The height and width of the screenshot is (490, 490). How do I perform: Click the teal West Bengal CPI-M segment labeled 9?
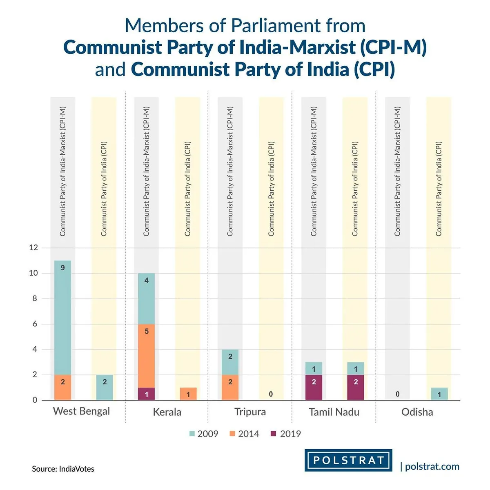click(x=62, y=317)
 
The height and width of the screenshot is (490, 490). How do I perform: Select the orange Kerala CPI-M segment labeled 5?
click(x=146, y=356)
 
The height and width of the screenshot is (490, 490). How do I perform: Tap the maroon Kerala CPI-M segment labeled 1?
click(x=146, y=394)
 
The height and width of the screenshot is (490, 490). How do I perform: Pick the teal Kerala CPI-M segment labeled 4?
click(x=146, y=298)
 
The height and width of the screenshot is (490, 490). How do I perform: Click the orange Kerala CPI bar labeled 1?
click(x=188, y=394)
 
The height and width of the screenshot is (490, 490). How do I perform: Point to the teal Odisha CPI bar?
click(x=439, y=394)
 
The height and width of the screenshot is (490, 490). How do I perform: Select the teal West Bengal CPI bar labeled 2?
click(x=105, y=388)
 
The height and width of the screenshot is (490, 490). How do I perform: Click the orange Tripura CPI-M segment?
click(x=230, y=388)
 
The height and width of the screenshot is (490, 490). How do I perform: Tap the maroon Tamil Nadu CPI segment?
click(x=356, y=388)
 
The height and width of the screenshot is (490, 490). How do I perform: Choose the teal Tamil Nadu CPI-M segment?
click(x=314, y=368)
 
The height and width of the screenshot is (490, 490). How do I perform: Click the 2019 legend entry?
click(x=286, y=434)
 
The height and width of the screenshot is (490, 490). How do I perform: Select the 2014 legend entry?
click(x=244, y=434)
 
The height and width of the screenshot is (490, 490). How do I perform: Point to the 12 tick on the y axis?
click(x=33, y=247)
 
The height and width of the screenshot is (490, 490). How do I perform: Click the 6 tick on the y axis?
click(x=35, y=324)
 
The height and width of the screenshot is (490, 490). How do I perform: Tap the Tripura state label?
click(x=250, y=412)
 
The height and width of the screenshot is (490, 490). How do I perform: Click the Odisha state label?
click(x=417, y=412)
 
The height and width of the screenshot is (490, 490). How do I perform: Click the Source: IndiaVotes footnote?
click(x=63, y=469)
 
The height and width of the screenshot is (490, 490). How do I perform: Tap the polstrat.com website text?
click(x=432, y=467)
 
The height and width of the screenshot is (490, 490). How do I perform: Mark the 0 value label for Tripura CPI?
click(x=271, y=394)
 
